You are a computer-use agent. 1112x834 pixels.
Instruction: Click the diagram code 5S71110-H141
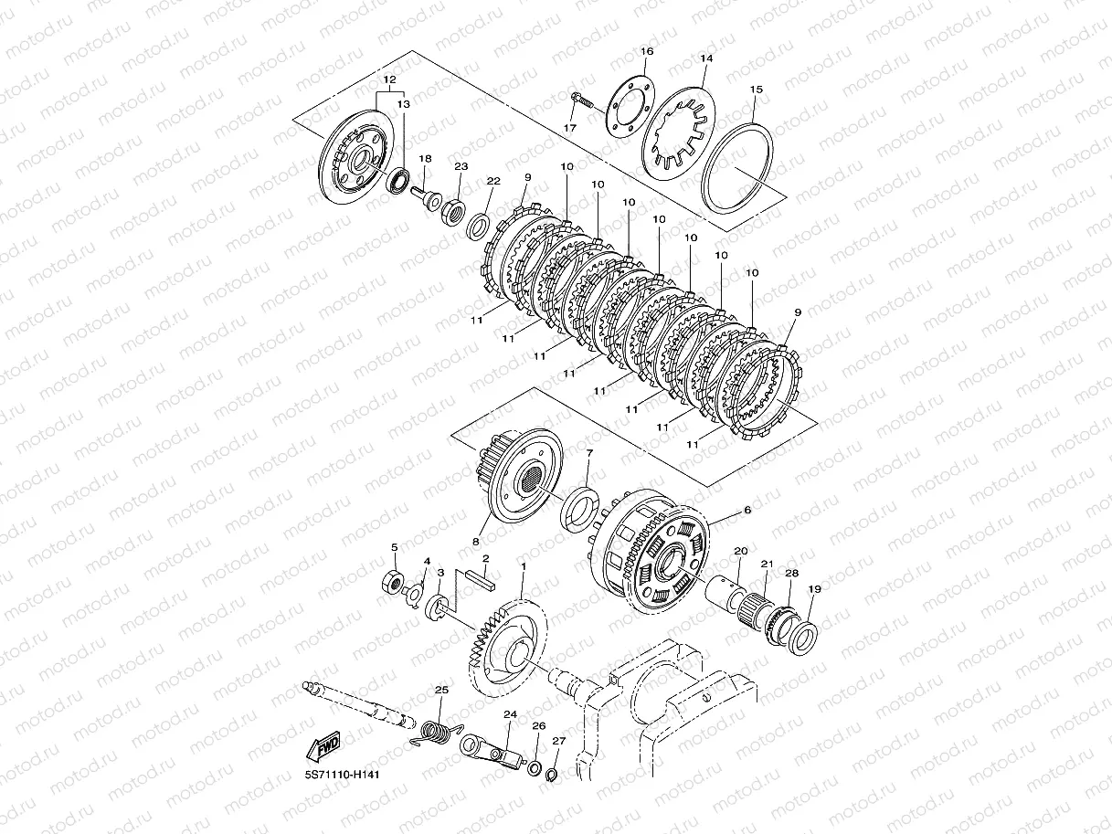click(342, 774)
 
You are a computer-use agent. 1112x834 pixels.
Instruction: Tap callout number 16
click(647, 51)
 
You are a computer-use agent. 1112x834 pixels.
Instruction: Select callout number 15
click(756, 90)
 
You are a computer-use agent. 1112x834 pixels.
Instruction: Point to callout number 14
click(705, 58)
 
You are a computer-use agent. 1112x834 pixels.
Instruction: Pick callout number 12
click(389, 80)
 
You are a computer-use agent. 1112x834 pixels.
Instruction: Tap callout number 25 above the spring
click(440, 690)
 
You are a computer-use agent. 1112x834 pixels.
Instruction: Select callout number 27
click(558, 741)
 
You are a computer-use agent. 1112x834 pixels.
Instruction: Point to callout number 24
click(509, 714)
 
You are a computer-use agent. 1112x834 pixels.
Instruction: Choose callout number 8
click(476, 541)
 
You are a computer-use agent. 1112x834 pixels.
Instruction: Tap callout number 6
click(747, 511)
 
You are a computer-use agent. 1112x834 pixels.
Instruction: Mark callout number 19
click(814, 590)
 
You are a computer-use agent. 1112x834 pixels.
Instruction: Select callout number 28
click(791, 574)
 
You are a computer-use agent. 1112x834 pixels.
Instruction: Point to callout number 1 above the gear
click(523, 566)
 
